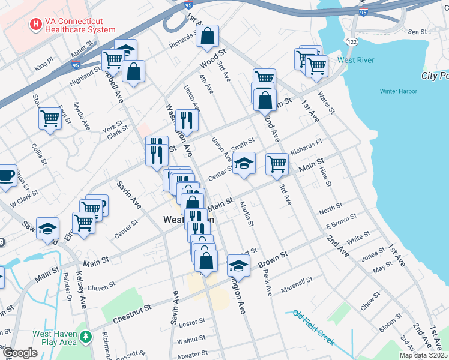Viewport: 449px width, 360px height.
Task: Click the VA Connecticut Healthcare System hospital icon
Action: click(36, 25)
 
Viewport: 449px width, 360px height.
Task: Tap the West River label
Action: click(356, 60)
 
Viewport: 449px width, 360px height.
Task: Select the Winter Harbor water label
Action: click(399, 91)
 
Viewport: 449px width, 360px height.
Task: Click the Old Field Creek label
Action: click(314, 326)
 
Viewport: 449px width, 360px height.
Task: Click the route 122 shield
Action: click(352, 40)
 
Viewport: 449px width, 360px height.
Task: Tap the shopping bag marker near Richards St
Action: click(207, 37)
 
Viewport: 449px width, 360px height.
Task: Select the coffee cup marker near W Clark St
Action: click(5, 175)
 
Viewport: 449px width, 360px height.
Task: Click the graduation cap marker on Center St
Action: click(243, 163)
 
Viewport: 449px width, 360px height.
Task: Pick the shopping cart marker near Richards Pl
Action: click(277, 163)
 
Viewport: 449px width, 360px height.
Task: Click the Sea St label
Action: click(417, 31)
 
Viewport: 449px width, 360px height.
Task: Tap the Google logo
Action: click(20, 353)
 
